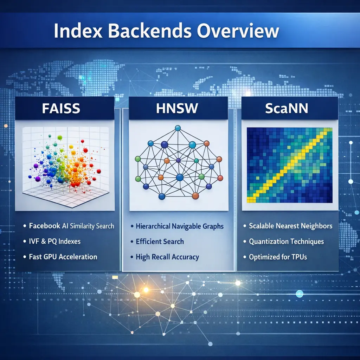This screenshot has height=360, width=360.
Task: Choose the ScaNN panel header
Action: click(287, 109)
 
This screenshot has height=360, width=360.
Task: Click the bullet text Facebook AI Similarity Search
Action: click(71, 226)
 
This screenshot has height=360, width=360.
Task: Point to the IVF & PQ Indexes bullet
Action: click(54, 241)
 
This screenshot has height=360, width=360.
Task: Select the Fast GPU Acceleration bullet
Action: click(63, 257)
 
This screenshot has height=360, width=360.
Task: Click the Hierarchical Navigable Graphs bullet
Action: click(179, 226)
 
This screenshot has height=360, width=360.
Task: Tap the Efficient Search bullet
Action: click(160, 242)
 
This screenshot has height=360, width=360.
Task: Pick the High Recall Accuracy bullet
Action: click(167, 257)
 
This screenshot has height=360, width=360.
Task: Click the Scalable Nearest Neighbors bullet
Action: click(290, 226)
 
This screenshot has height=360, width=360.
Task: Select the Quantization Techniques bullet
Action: click(286, 242)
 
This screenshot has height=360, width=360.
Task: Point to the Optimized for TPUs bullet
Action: click(278, 257)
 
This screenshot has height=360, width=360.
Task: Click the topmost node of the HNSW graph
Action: click(178, 128)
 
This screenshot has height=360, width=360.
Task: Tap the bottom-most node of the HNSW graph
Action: click(162, 196)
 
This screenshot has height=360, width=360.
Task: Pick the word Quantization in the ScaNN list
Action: click(268, 242)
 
